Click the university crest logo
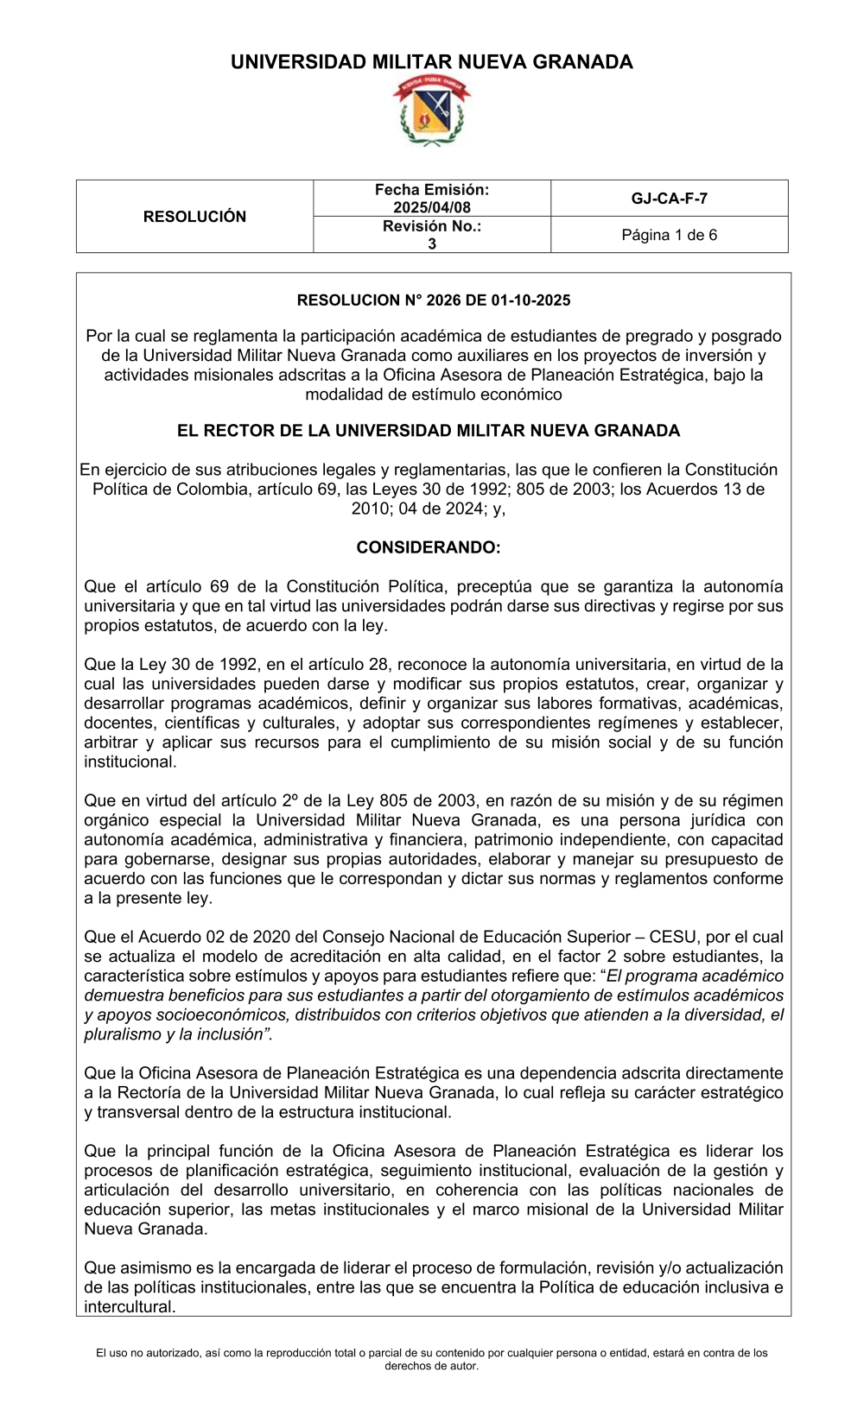[431, 111]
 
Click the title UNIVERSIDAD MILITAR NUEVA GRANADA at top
[431, 62]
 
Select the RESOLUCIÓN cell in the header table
[194, 217]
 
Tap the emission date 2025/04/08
[431, 207]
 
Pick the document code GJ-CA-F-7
[669, 199]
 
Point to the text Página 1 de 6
[669, 235]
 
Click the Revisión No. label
[431, 226]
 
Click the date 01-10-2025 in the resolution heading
[530, 300]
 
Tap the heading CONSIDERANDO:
[429, 547]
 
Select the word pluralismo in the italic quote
[121, 1034]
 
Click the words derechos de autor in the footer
[431, 1366]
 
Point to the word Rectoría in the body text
[143, 1093]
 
